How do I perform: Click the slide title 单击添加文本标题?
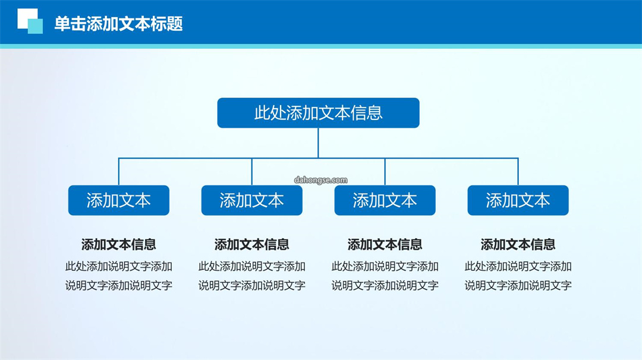click(118, 24)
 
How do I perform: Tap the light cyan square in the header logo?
click(35, 26)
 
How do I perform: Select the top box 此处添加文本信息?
click(318, 113)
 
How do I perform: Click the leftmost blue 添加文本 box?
click(119, 200)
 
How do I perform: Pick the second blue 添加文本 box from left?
click(252, 200)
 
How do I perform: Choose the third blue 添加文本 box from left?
click(385, 200)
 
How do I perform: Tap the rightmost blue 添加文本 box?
click(518, 200)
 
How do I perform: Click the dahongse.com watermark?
click(320, 180)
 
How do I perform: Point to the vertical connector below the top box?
click(318, 143)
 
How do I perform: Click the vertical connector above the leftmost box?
click(119, 172)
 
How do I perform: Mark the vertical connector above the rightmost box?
click(518, 172)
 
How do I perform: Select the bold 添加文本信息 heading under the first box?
click(119, 245)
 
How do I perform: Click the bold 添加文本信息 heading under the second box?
click(252, 245)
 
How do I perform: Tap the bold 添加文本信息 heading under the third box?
click(385, 245)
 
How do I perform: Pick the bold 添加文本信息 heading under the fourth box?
click(518, 245)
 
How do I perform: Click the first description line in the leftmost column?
click(119, 266)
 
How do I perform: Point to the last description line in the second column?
click(252, 286)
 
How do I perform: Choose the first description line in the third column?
click(385, 266)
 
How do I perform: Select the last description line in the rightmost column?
click(518, 286)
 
